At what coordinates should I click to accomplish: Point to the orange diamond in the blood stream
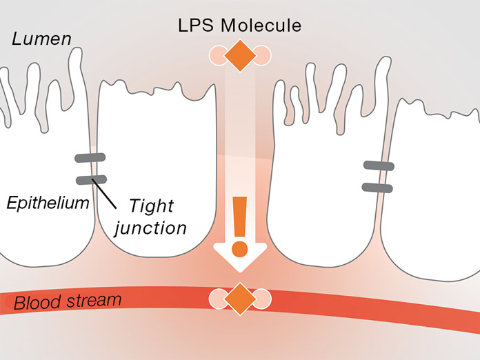(x=239, y=299)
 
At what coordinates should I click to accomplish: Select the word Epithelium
(x=48, y=203)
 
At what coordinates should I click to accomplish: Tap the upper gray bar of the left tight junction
(x=90, y=158)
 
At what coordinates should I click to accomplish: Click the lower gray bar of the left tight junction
(x=90, y=180)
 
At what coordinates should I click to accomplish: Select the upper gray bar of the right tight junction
(x=379, y=165)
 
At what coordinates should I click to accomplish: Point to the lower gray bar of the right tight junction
(x=377, y=187)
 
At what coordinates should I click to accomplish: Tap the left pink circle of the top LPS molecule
(x=218, y=56)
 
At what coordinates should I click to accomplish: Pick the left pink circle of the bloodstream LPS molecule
(x=218, y=299)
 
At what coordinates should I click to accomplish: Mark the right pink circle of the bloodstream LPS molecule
(x=261, y=299)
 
